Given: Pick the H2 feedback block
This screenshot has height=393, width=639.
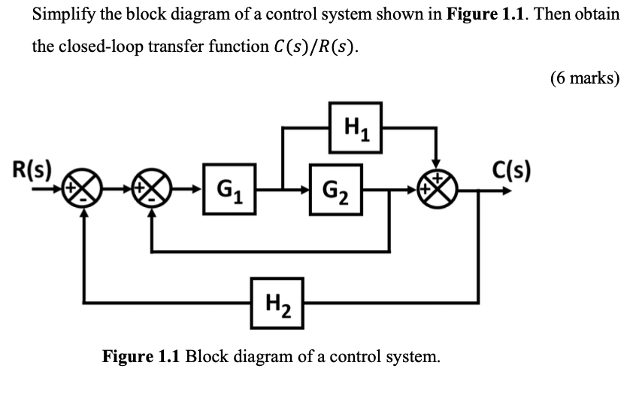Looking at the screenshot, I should point(277,303).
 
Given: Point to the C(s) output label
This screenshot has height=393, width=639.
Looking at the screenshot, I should point(511,168).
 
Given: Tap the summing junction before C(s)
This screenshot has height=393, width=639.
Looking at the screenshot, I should point(438,186).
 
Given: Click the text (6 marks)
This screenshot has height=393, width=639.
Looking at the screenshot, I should point(585,78).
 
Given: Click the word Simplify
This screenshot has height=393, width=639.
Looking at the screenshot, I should point(62,14).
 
